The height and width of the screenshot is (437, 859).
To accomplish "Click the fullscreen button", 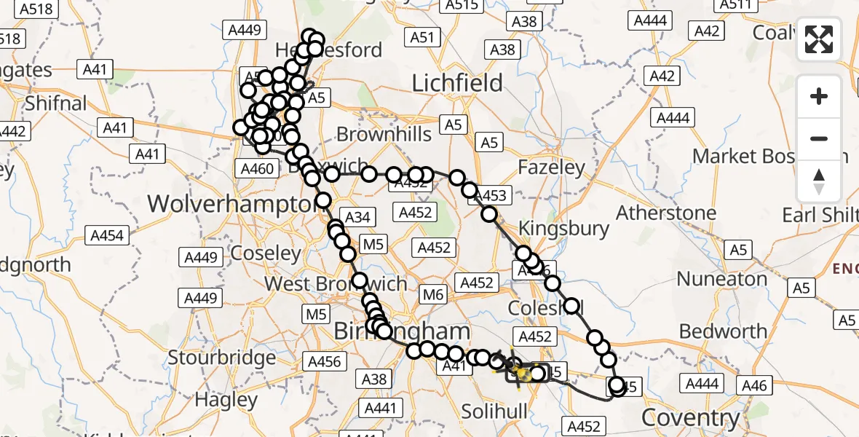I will pyautogui.click(x=819, y=40).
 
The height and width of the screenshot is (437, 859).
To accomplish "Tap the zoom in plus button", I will pyautogui.click(x=819, y=96).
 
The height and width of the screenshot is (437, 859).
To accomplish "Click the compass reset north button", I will pyautogui.click(x=819, y=181).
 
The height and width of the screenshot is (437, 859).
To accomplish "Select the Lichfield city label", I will pyautogui.click(x=457, y=83).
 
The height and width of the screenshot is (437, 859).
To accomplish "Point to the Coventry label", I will pyautogui.click(x=690, y=418).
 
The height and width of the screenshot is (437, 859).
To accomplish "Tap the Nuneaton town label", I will pyautogui.click(x=721, y=279).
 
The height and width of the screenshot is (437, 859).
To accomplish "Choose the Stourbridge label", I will pyautogui.click(x=222, y=358).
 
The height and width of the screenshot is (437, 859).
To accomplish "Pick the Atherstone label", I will pyautogui.click(x=666, y=213).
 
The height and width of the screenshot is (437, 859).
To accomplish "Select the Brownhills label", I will pyautogui.click(x=384, y=134).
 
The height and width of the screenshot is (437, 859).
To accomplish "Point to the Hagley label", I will pyautogui.click(x=226, y=400).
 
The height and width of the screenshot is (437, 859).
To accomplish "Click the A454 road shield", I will pyautogui.click(x=107, y=235).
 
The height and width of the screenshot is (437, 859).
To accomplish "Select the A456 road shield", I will pyautogui.click(x=324, y=362).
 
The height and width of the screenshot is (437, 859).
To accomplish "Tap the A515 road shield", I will pyautogui.click(x=462, y=5).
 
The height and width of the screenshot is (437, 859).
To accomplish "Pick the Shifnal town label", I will pyautogui.click(x=56, y=103).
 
